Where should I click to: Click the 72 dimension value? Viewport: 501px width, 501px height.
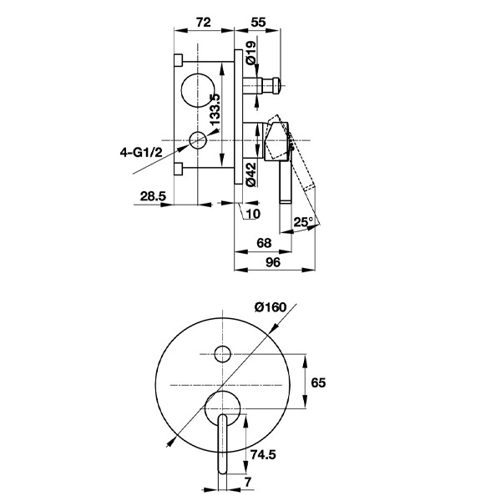(x=204, y=23)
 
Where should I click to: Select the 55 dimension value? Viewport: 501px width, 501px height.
(x=258, y=23)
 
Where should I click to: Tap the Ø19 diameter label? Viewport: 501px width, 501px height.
(x=251, y=53)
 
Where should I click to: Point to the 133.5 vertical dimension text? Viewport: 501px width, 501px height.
(x=215, y=109)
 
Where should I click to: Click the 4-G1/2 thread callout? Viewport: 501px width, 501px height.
(x=141, y=153)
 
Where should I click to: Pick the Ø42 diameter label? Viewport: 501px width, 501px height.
(x=251, y=175)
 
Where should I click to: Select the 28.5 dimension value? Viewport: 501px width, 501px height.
(x=153, y=196)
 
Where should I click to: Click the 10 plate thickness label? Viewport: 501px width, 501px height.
(x=253, y=214)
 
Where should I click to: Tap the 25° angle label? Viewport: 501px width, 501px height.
(x=303, y=222)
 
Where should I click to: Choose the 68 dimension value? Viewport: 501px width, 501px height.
(x=264, y=243)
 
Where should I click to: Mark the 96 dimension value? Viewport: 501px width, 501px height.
(x=273, y=262)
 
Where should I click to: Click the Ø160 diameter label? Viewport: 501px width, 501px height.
(x=271, y=307)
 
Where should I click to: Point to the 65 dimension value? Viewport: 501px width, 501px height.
(x=318, y=382)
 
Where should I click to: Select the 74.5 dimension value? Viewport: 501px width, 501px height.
(x=263, y=454)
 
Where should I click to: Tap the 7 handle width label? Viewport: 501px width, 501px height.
(x=248, y=482)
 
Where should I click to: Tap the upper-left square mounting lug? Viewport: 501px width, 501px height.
(x=179, y=60)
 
